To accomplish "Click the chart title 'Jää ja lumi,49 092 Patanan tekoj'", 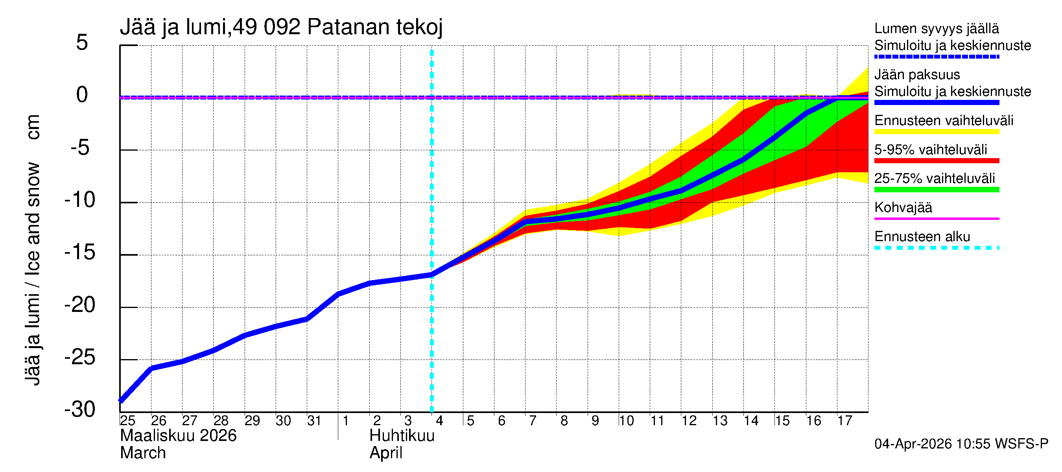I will [281, 27].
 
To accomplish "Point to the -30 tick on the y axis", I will [80, 410].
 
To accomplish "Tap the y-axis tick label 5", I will [82, 42].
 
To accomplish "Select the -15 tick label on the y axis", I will [80, 252].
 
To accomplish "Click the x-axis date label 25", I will [127, 421].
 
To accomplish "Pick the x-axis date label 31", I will [314, 421].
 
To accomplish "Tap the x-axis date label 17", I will [845, 421].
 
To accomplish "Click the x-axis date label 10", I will [626, 421].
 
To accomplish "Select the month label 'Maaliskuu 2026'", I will [178, 436].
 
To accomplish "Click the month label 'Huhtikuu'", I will [402, 436].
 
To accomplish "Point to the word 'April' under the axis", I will [386, 453].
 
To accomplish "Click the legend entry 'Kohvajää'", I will [903, 207].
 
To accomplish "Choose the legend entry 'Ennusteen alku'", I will [922, 237].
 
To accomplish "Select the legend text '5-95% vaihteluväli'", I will [931, 149].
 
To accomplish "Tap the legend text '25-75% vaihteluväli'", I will [935, 179].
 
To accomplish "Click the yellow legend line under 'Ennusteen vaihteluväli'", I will [936, 132].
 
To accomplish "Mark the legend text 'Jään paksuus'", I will [917, 75].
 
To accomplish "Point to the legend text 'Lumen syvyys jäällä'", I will [936, 28].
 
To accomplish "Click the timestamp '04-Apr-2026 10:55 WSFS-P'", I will [961, 444].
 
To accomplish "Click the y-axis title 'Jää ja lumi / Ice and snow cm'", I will [32, 250].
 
